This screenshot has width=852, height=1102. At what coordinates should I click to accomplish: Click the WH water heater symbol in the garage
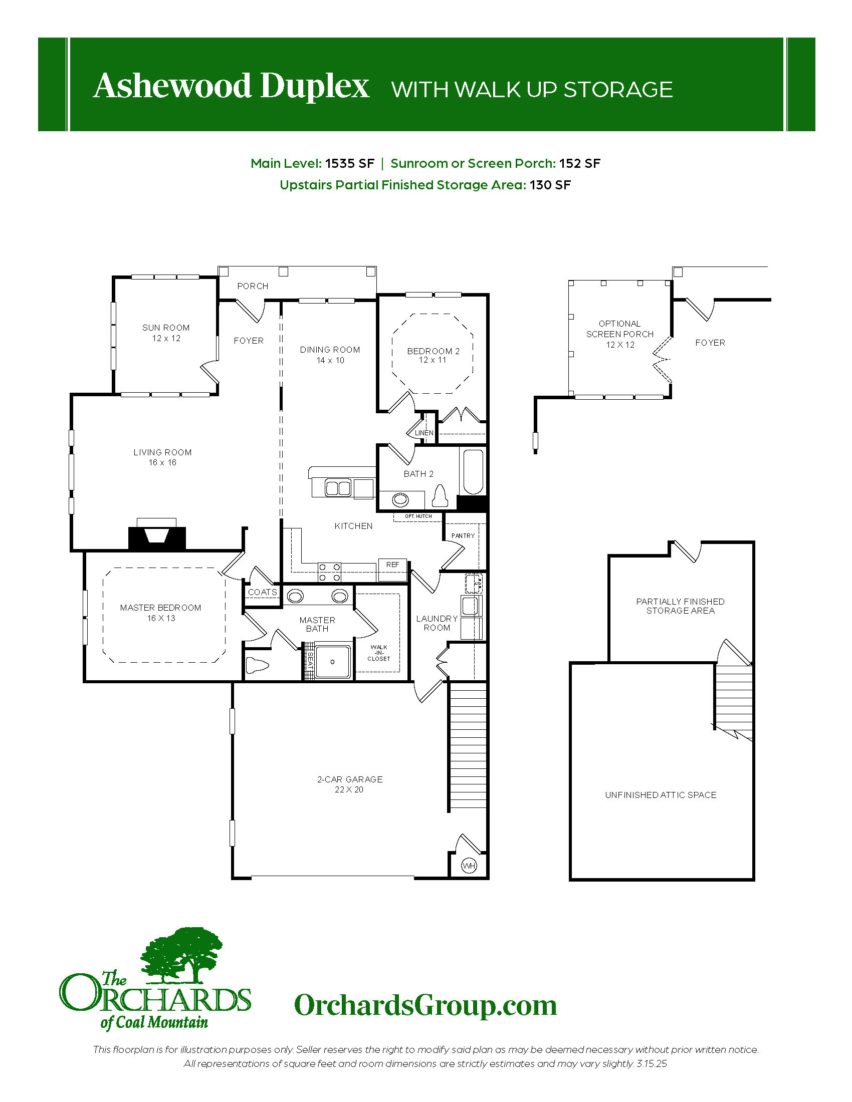click(469, 867)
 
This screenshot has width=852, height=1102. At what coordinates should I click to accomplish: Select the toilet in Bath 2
click(441, 495)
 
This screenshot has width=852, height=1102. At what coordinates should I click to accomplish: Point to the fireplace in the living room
click(157, 534)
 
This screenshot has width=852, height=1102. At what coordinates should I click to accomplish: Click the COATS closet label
click(263, 592)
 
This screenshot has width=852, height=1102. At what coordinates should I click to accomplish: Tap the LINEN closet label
click(424, 433)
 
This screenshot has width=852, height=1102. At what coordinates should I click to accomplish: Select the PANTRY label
click(463, 535)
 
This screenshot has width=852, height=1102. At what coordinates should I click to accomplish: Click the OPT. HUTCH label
click(418, 516)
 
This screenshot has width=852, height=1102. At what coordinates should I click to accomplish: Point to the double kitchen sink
click(338, 488)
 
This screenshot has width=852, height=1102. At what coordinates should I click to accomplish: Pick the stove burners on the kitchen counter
click(329, 572)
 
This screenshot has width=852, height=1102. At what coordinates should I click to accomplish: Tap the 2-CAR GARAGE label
click(350, 779)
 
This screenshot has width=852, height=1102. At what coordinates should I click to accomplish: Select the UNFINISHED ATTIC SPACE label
click(661, 795)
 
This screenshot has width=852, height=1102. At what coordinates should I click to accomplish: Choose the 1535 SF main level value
click(350, 163)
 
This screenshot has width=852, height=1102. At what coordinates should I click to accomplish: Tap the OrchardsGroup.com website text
click(425, 1005)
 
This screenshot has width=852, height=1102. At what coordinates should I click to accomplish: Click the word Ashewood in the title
click(172, 86)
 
